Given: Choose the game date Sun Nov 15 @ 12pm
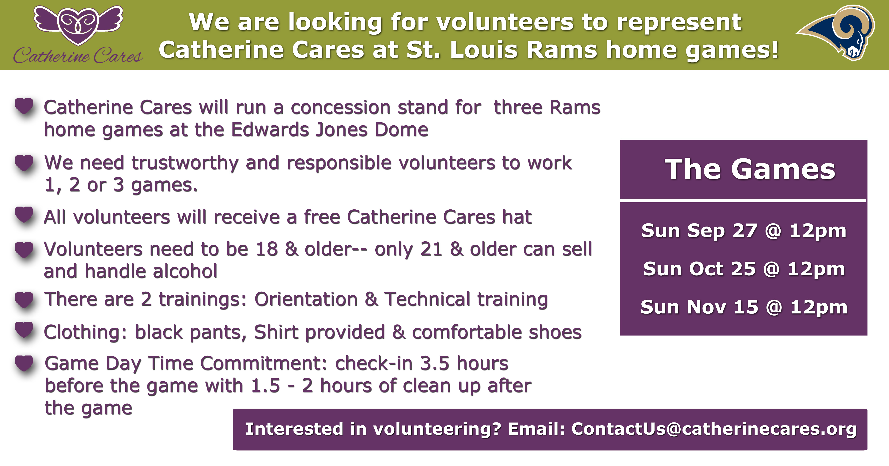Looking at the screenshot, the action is (744, 307).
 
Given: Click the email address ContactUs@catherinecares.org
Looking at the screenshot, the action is (714, 429).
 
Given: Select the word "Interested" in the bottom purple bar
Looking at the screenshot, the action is (294, 429).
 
